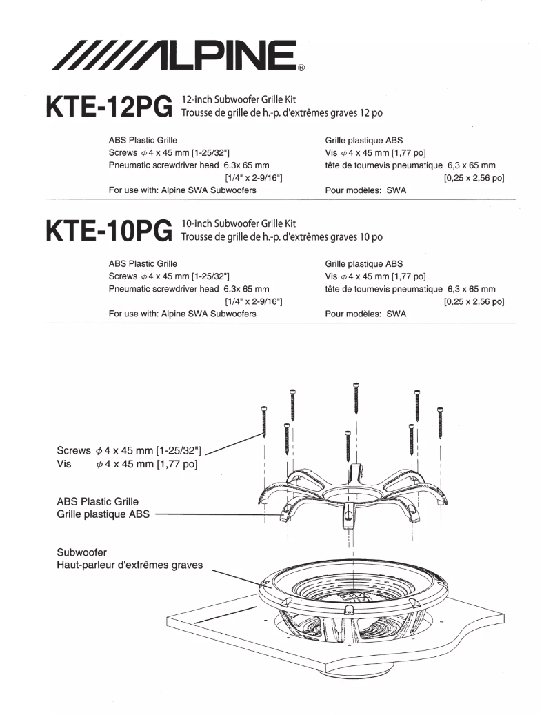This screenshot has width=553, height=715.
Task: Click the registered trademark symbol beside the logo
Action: click(x=301, y=69)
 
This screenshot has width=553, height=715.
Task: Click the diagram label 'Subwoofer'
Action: click(x=81, y=552)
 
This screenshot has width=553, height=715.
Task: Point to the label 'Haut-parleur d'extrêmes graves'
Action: click(x=130, y=565)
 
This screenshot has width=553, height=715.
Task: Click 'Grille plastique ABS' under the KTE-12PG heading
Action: click(x=363, y=140)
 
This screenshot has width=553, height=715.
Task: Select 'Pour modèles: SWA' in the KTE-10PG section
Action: click(x=365, y=314)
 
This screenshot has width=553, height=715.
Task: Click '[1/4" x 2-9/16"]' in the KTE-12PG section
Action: click(x=254, y=179)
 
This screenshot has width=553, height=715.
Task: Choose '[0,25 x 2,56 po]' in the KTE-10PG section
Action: click(x=474, y=301)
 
